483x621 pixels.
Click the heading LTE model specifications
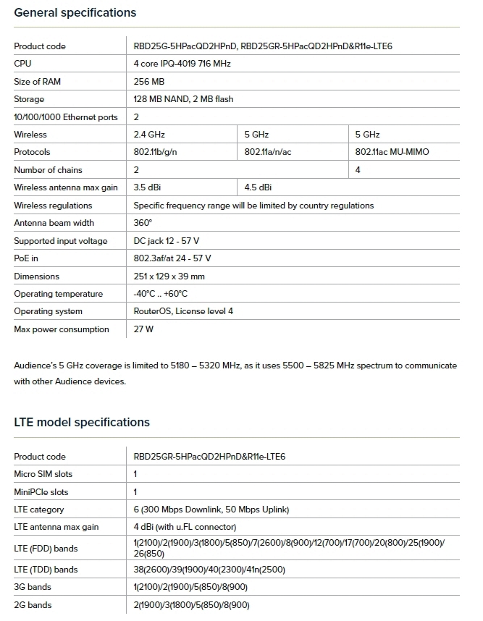[x=82, y=423]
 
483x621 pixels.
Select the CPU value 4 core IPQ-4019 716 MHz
[x=182, y=64]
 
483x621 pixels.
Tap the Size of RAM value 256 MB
[x=149, y=82]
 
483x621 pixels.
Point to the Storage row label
[x=29, y=99]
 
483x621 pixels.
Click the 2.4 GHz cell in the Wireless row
[x=149, y=135]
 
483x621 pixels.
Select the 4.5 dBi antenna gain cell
[x=259, y=187]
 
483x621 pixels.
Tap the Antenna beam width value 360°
[x=143, y=223]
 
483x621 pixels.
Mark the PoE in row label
[x=27, y=258]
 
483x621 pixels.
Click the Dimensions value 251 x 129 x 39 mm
[x=169, y=276]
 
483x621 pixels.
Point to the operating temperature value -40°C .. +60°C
[x=161, y=294]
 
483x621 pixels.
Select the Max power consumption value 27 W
[x=144, y=329]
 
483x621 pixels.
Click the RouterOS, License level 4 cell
[x=184, y=311]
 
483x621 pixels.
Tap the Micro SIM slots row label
[x=43, y=474]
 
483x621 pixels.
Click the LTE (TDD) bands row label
[x=46, y=570]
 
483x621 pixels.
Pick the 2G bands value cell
[x=191, y=605]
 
